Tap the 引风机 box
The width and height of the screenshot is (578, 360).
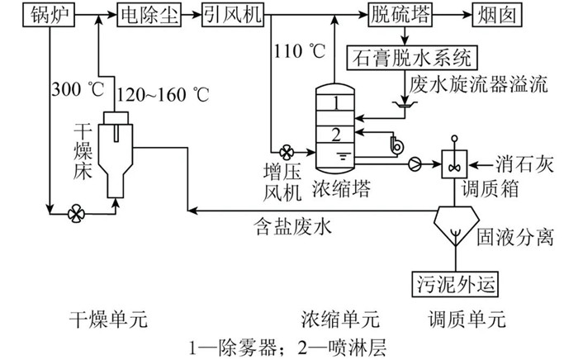tap(231, 16)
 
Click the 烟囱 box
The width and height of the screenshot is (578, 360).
tap(495, 16)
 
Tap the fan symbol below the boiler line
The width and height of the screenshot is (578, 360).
tap(76, 213)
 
